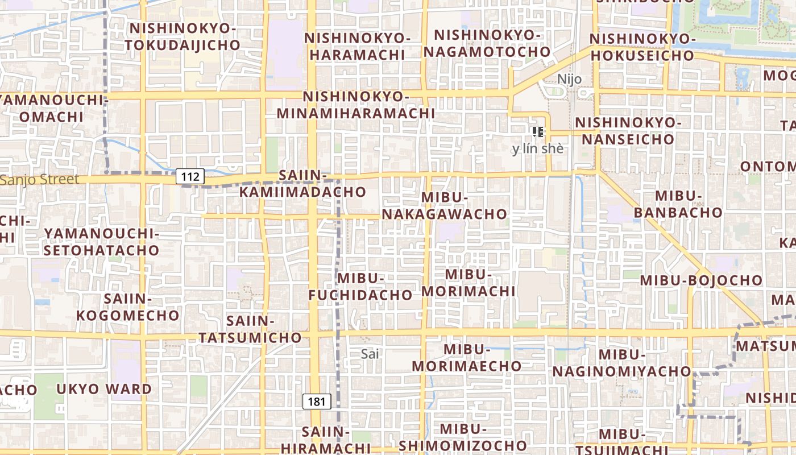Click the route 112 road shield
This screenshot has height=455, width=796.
(190, 177)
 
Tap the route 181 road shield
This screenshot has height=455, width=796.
(316, 402)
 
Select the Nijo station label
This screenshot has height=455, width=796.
(569, 79)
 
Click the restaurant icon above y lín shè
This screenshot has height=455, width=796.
(538, 133)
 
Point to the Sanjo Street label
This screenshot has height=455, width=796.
(40, 180)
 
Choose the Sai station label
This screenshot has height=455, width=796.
(370, 354)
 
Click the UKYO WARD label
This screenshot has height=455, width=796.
(104, 390)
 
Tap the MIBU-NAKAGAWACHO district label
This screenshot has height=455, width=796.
(445, 206)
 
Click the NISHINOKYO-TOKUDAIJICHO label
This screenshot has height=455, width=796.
(183, 36)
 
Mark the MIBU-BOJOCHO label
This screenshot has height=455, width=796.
(701, 280)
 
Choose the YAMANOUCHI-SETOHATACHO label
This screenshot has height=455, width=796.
(102, 242)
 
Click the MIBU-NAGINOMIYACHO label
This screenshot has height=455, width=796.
(622, 363)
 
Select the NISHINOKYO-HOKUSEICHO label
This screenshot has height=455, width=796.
(642, 47)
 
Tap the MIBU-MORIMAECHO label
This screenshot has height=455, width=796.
(467, 358)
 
